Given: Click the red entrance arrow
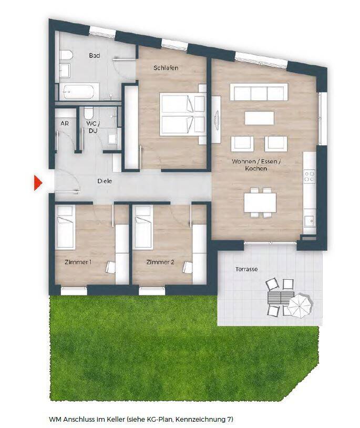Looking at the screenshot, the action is point(38,183).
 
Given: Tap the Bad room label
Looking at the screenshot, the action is point(95,55).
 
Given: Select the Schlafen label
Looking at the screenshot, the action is point(166,67).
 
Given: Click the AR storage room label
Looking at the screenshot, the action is point(65,124).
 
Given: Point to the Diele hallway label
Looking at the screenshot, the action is point(105,181).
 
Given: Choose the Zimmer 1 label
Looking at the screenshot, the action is point(78,262).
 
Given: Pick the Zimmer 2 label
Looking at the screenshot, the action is point(160,262).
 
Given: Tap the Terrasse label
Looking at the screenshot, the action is point(246,269).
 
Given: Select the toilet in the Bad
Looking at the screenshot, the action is point(66,56).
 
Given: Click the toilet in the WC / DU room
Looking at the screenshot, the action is point(89,112).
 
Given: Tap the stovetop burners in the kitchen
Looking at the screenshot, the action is point(310,176).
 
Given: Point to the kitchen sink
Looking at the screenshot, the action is point(310,220).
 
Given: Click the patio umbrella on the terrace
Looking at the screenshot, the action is point(301,305).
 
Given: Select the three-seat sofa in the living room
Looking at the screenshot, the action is point(259,92).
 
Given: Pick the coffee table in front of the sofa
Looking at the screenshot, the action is point(260,118).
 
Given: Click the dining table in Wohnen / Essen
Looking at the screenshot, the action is point(260,202).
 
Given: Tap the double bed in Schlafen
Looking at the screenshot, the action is point(182,114).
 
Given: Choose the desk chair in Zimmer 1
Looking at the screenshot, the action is point(110,267).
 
